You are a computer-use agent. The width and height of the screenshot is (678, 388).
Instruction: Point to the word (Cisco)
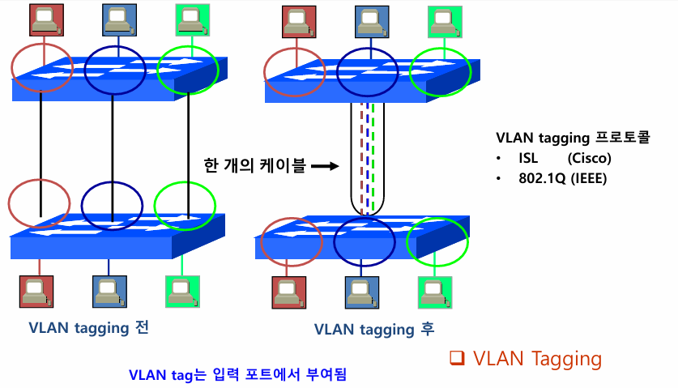(x=590, y=158)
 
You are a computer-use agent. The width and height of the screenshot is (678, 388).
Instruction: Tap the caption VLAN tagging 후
(x=374, y=329)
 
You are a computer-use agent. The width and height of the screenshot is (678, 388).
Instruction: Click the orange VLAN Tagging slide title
(x=537, y=359)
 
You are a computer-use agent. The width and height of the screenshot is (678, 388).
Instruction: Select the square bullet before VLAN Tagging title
(x=456, y=358)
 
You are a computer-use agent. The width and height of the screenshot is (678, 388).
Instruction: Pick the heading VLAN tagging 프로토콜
(x=573, y=138)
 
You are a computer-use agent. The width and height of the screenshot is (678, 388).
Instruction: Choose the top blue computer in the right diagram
(x=370, y=21)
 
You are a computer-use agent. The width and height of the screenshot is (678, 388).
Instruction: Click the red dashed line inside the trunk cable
(x=360, y=158)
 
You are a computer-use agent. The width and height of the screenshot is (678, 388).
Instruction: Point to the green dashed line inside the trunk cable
(x=373, y=158)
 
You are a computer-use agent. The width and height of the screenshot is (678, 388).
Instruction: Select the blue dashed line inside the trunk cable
(x=367, y=158)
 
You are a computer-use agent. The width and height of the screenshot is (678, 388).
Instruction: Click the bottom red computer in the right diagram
(x=288, y=292)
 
